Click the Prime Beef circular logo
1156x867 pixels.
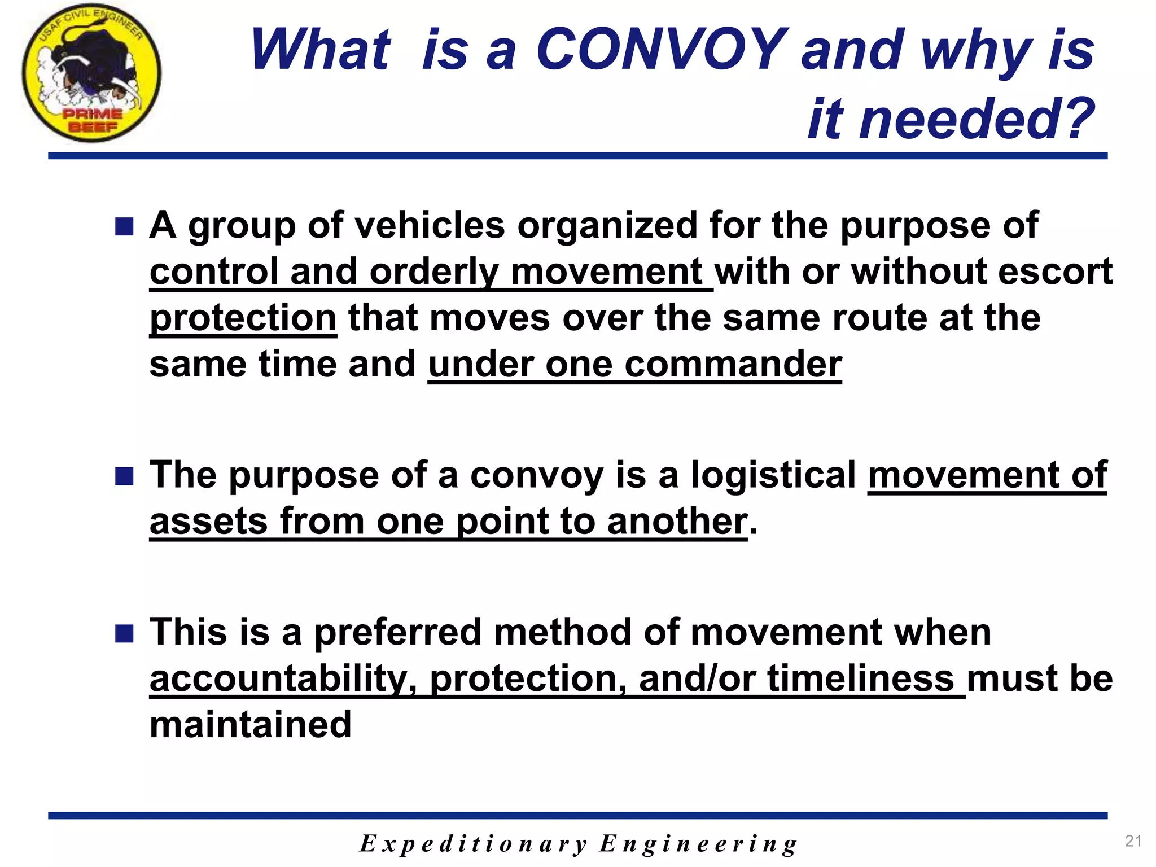coord(92,72)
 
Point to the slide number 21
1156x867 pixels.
coord(1133,841)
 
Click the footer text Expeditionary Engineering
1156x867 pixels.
coord(578,844)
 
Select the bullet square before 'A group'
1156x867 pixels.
coord(124,227)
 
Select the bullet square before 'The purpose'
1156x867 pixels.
coord(124,476)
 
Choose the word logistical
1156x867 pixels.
coord(773,475)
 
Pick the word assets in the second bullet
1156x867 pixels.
coord(208,521)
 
